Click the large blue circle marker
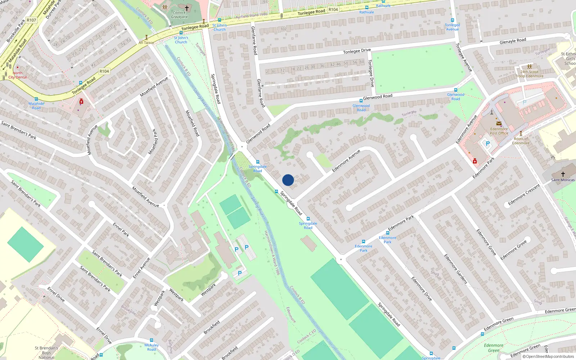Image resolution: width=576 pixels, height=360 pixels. click(288, 180)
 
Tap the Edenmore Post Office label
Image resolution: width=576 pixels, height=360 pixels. click(499, 131)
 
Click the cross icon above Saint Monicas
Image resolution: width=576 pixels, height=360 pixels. click(563, 174)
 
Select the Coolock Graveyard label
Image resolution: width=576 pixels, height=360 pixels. click(179, 15)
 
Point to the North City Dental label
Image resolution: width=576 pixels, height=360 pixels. click(18, 75)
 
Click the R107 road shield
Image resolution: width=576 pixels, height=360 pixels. click(31, 20)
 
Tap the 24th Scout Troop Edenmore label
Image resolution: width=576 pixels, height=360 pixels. click(529, 74)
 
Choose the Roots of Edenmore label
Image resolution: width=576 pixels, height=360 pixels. click(521, 141)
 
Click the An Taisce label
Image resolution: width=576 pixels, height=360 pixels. click(146, 42)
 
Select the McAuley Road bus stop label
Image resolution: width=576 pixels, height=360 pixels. click(152, 347)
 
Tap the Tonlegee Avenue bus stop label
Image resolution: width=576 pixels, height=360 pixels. click(453, 27)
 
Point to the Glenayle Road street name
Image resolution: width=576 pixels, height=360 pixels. click(513, 41)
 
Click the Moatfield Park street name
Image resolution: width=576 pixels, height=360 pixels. click(153, 141)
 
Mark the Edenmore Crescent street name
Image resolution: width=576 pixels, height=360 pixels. click(524, 195)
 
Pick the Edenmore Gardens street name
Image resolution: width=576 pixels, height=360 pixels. click(455, 269)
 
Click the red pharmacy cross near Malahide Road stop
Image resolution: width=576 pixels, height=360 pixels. click(81, 102)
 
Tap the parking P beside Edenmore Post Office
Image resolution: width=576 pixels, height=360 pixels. click(488, 143)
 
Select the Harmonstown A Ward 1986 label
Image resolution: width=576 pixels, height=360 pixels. click(272, 253)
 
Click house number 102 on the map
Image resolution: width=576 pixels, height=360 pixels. click(284, 29)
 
